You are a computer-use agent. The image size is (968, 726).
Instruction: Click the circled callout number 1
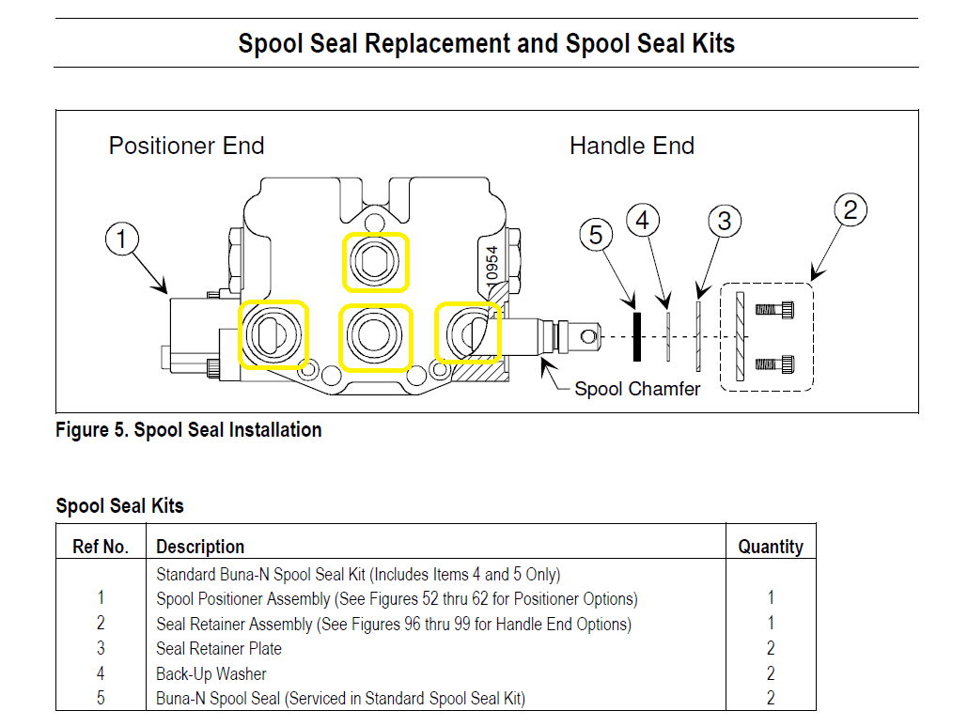click(x=121, y=239)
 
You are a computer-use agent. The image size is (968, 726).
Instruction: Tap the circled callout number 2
click(x=850, y=210)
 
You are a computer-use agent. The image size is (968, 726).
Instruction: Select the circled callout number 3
click(x=724, y=222)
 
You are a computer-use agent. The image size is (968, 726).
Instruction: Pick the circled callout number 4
click(x=643, y=221)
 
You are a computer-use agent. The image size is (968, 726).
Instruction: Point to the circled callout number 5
click(x=596, y=235)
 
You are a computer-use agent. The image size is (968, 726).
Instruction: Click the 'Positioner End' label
click(x=186, y=147)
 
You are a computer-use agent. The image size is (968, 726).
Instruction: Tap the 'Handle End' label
click(x=632, y=147)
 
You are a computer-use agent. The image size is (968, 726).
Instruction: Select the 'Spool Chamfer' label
click(x=637, y=389)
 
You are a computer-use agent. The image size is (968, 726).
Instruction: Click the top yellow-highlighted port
click(x=375, y=261)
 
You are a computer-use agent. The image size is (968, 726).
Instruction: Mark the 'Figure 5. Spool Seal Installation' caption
click(x=189, y=430)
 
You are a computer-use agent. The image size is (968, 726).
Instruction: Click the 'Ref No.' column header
click(x=101, y=547)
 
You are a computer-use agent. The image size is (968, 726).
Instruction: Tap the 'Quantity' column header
click(x=771, y=547)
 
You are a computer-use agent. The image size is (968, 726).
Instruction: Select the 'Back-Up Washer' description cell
click(x=211, y=673)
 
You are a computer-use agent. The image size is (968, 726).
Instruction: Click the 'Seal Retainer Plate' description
click(x=219, y=648)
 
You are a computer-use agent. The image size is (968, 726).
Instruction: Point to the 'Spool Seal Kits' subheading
click(x=120, y=506)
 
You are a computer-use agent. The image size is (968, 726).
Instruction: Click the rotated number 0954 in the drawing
click(x=491, y=264)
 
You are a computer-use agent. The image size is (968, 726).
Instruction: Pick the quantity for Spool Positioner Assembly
click(x=771, y=598)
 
